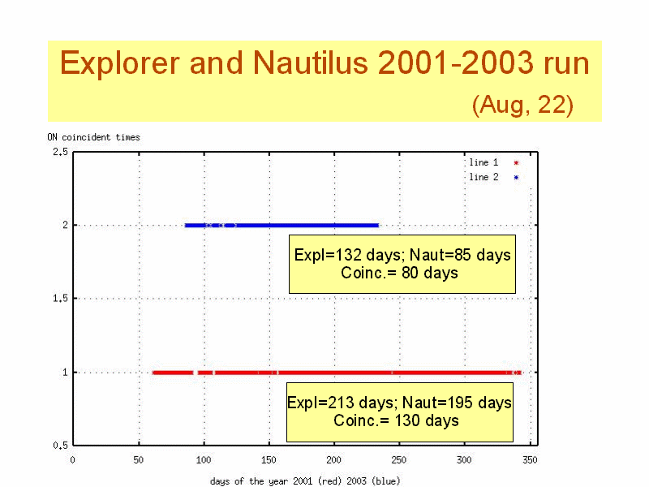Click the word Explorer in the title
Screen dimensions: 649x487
click(120, 63)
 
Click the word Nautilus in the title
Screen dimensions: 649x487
click(311, 62)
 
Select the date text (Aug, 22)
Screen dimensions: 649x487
click(522, 105)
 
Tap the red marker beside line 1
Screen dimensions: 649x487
click(516, 163)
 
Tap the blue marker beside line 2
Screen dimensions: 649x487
click(516, 178)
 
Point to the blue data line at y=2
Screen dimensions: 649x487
click(282, 226)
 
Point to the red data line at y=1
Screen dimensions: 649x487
click(337, 373)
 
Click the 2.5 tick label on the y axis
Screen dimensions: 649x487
click(60, 152)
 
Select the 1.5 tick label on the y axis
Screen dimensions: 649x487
click(60, 298)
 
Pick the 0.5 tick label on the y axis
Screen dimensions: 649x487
click(60, 446)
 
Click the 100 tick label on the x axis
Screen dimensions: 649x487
click(204, 459)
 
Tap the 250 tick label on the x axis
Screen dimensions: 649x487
click(399, 459)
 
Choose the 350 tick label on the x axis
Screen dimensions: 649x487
click(530, 459)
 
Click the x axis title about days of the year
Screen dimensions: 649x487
click(305, 481)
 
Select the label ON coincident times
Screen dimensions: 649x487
click(93, 137)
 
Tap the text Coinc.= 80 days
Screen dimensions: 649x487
click(399, 273)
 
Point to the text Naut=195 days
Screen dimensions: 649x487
click(457, 403)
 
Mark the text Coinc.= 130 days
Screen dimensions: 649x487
click(396, 420)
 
